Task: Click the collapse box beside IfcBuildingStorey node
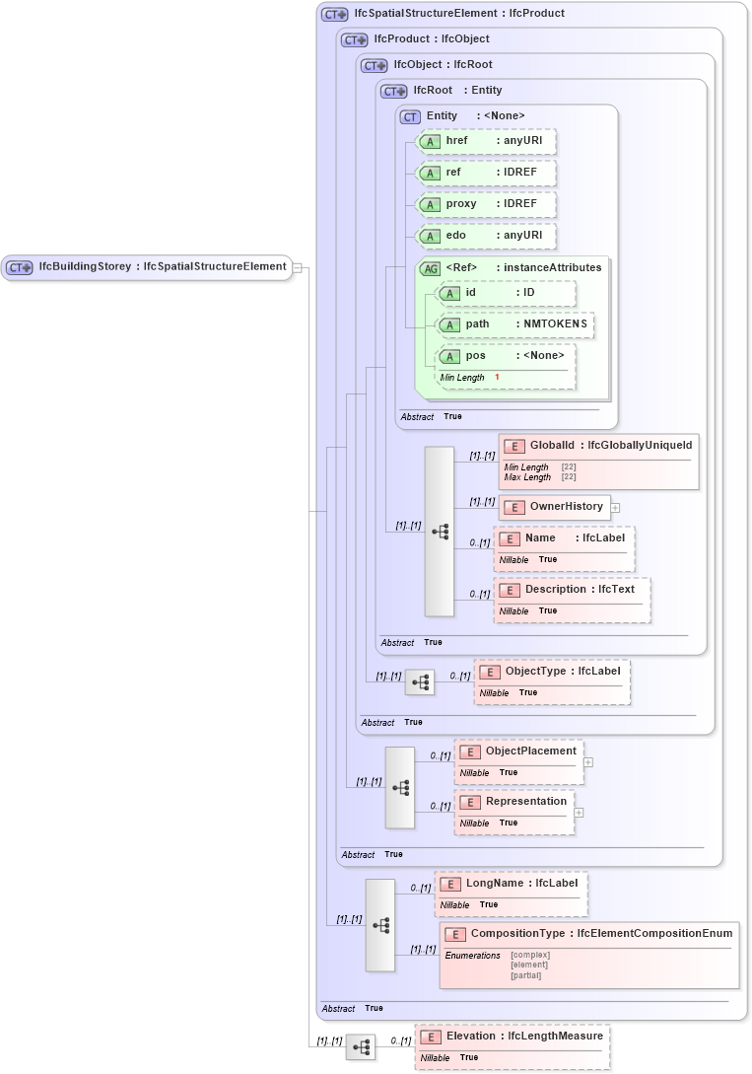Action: point(297,266)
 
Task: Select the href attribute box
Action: point(487,141)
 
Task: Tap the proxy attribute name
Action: point(461,204)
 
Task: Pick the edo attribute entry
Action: point(487,236)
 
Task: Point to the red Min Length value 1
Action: point(497,378)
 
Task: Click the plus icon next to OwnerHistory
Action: point(616,508)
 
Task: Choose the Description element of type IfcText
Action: point(572,590)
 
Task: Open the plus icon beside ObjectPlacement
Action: point(588,761)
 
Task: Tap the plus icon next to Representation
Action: point(580,813)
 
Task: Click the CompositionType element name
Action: point(517,934)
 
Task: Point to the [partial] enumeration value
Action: point(526,975)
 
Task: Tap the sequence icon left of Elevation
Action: point(361,1047)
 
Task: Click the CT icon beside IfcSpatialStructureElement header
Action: point(335,15)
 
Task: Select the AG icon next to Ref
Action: point(430,268)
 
